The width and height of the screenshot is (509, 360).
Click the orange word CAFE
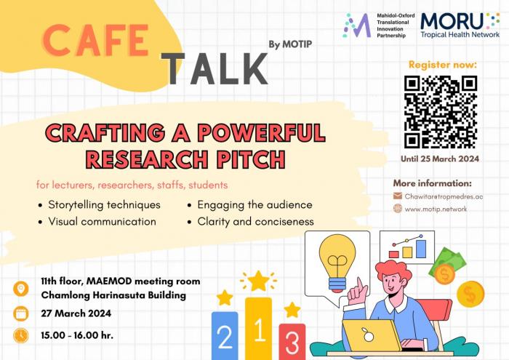click(x=96, y=40)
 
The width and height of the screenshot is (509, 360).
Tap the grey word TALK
click(x=215, y=68)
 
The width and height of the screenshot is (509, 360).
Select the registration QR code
click(x=440, y=112)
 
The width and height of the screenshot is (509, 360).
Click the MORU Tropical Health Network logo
click(x=460, y=25)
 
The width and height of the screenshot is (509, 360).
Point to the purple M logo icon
click(x=357, y=25)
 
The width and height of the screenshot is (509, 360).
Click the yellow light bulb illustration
click(x=337, y=263)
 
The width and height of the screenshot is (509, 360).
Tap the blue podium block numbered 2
click(x=225, y=336)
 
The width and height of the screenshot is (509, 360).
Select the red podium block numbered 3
click(x=292, y=342)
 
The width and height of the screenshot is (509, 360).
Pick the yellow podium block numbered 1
click(x=258, y=329)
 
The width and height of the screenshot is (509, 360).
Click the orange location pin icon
click(x=21, y=289)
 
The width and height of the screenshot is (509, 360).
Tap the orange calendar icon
click(x=21, y=314)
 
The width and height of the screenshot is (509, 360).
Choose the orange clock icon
click(x=21, y=336)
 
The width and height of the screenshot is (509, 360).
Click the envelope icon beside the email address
click(x=398, y=196)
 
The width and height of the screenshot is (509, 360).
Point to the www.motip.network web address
click(x=436, y=209)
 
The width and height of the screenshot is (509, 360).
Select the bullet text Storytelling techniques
click(x=104, y=205)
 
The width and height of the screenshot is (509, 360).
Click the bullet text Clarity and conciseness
click(x=255, y=221)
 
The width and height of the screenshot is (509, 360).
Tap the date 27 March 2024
click(x=76, y=313)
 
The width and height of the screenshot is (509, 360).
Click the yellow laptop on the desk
click(x=372, y=335)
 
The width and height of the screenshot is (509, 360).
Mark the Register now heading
click(x=443, y=65)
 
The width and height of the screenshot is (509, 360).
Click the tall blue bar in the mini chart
click(x=421, y=249)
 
